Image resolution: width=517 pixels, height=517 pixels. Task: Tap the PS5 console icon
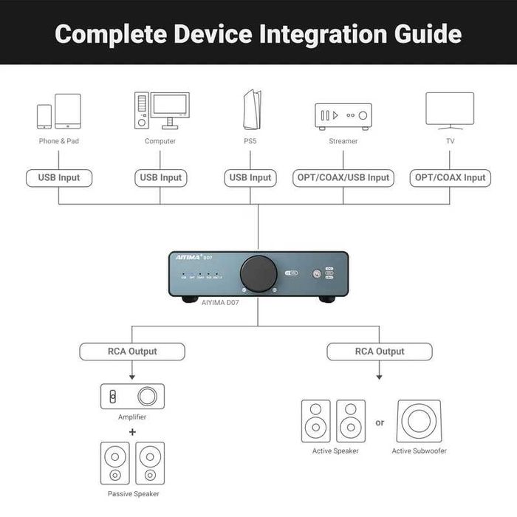251,110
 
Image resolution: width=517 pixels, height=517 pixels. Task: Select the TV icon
450,110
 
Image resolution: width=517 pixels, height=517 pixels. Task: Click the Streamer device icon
343,116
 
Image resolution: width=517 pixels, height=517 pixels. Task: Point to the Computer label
160,141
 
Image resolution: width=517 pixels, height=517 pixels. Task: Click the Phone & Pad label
59,141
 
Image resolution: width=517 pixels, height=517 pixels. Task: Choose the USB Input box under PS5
250,178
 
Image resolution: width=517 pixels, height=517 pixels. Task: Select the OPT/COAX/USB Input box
343,178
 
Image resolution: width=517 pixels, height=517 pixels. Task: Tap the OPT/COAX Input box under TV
451,178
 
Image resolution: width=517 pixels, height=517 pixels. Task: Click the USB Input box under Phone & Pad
59,178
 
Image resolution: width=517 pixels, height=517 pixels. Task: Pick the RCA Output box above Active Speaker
380,352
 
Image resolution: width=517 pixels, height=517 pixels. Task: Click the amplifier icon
133,397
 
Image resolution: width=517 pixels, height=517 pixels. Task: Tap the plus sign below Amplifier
133,431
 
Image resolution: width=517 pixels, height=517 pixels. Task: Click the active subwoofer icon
419,421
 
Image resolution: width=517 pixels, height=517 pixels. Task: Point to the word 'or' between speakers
380,423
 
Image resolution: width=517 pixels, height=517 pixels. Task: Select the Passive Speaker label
133,493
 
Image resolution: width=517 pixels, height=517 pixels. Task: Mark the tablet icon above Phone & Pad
67,111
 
